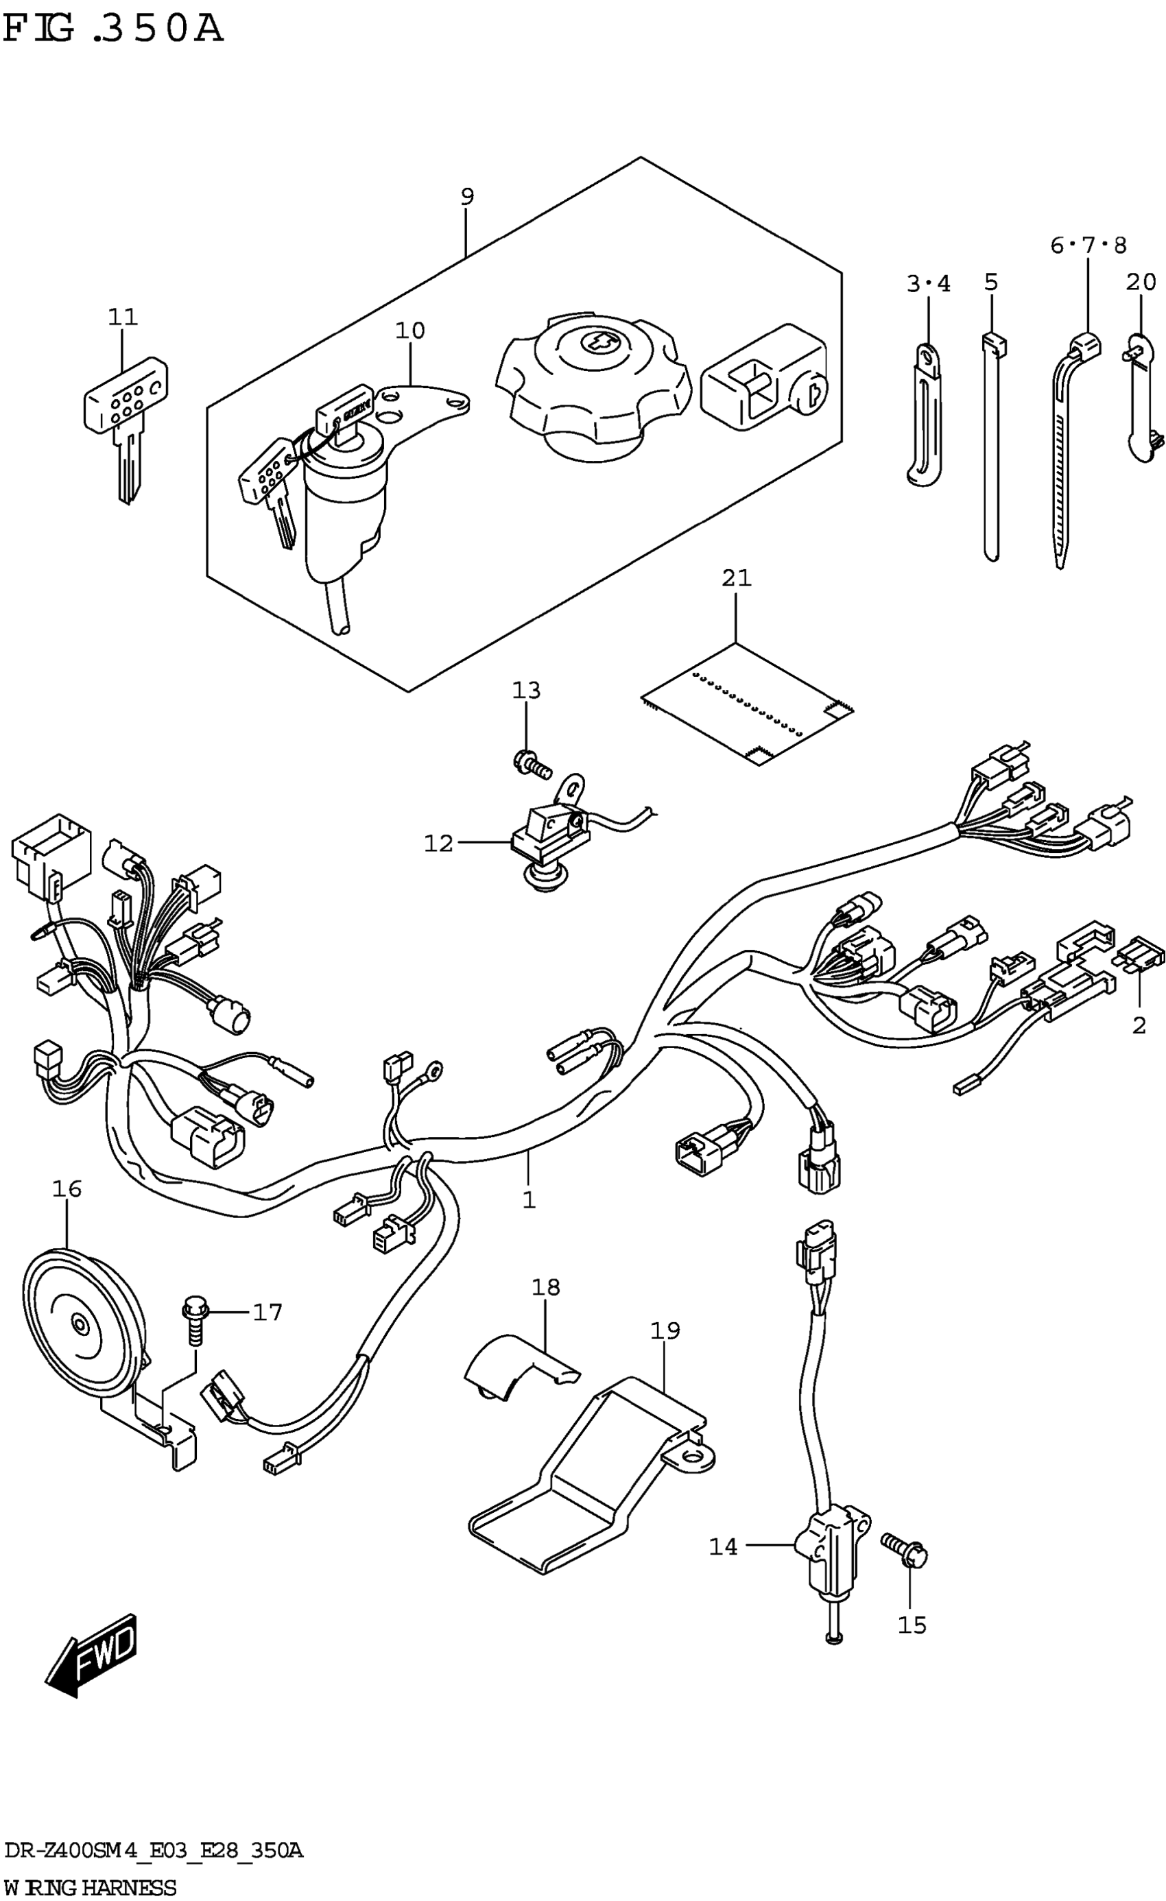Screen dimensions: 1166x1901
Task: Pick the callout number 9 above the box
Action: coord(467,197)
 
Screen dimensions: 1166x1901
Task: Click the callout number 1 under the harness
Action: coord(529,1199)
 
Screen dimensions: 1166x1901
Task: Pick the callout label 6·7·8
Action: coord(1088,246)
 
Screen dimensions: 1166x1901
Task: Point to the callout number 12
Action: coord(438,844)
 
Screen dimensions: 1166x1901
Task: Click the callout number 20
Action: coord(1141,283)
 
